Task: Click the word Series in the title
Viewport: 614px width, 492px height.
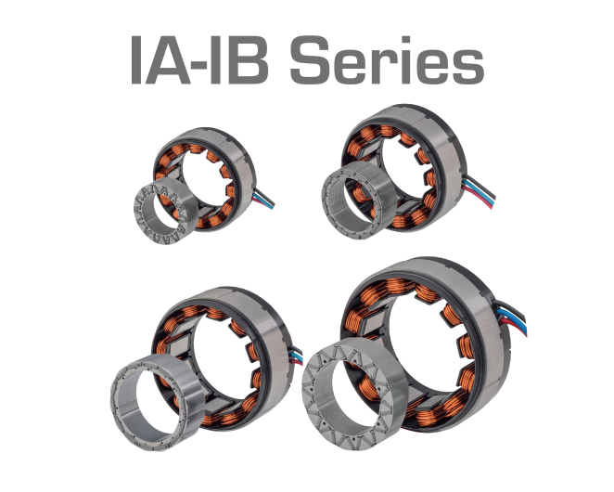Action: (387, 59)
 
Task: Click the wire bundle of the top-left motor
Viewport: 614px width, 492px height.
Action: (263, 199)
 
